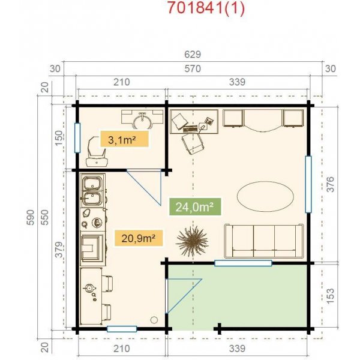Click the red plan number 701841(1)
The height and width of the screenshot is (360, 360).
pos(206,8)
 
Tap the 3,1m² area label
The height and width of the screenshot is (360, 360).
pos(124,139)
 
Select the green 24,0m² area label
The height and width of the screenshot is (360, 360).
pos(195,207)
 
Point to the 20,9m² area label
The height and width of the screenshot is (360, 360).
pos(139,238)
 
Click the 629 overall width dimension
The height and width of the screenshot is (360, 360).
pos(193,55)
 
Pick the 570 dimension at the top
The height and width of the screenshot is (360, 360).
pos(193,68)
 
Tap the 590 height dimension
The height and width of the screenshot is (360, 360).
pos(31,217)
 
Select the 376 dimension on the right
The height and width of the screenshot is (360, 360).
pos(331,184)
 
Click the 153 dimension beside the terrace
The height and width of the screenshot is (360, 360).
pos(331,296)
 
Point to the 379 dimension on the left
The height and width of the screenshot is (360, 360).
pos(59,250)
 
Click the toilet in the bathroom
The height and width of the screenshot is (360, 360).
pos(97,152)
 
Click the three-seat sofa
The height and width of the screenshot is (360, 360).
pos(264,241)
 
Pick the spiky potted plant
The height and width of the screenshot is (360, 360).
pos(193,241)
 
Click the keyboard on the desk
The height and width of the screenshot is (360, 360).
pos(190,129)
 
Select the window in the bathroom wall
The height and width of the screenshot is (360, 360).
pos(77,138)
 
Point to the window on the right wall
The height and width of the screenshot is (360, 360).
pos(308,184)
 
